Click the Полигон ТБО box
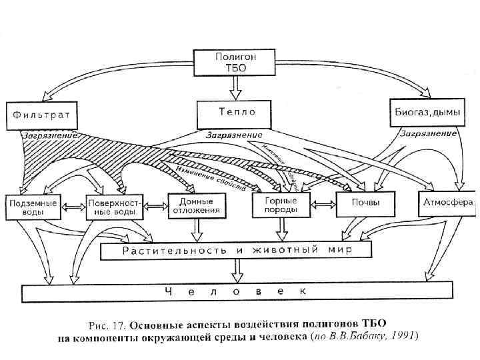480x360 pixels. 235,62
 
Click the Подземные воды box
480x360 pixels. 33,206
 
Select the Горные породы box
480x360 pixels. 283,205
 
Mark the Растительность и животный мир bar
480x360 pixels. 235,251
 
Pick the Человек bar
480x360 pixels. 236,291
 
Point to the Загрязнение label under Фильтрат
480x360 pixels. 51,135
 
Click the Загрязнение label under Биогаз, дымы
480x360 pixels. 427,133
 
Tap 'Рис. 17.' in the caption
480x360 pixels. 107,326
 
